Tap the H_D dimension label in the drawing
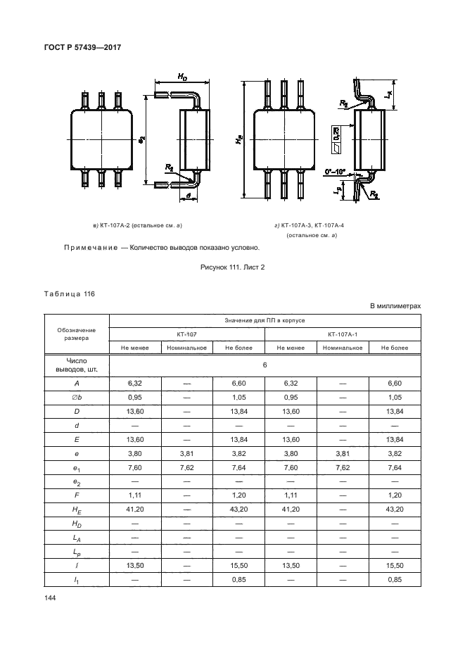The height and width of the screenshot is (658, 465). point(181,77)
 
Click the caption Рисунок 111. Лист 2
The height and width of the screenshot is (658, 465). point(231,266)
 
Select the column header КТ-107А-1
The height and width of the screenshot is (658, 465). point(343,334)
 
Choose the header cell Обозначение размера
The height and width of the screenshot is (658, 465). point(75,334)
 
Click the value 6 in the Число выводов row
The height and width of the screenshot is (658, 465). point(265,365)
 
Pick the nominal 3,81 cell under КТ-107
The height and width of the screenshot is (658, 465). point(187,453)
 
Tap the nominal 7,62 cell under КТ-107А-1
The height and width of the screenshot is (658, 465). point(343,467)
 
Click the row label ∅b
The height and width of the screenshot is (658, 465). point(75,397)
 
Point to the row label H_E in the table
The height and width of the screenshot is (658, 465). point(75,510)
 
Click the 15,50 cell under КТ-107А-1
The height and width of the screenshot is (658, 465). point(395,566)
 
